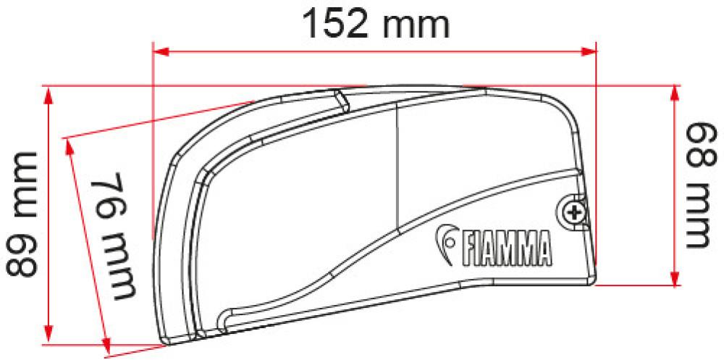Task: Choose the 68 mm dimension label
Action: [696, 185]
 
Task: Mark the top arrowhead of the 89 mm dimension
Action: [49, 95]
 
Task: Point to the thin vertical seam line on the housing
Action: [398, 167]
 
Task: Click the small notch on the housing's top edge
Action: [340, 100]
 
